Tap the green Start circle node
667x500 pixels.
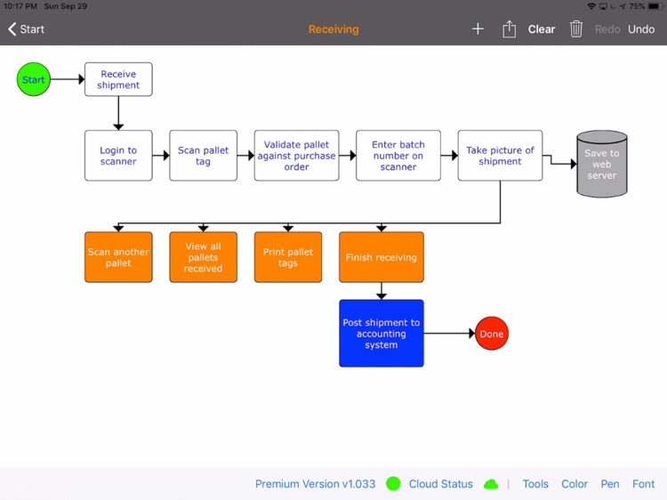coord(33,79)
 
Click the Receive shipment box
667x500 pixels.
coord(118,79)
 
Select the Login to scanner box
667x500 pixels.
coord(118,156)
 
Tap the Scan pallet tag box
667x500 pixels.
coord(203,156)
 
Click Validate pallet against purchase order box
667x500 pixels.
coord(296,156)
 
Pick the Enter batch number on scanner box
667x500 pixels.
coord(398,156)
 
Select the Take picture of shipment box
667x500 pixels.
coord(500,156)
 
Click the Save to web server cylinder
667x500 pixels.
coord(601,165)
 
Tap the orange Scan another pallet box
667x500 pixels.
coord(118,257)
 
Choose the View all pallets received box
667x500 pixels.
coord(203,257)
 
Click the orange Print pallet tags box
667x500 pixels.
coord(287,257)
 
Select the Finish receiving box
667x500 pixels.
coord(381,257)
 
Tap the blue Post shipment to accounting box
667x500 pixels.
coord(381,334)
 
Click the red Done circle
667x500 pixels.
coord(491,334)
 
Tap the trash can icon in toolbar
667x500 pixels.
coord(576,29)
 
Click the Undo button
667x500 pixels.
coord(640,29)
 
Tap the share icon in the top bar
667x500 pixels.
coord(509,29)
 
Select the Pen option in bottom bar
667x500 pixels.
coord(609,484)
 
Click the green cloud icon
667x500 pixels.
coord(491,484)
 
